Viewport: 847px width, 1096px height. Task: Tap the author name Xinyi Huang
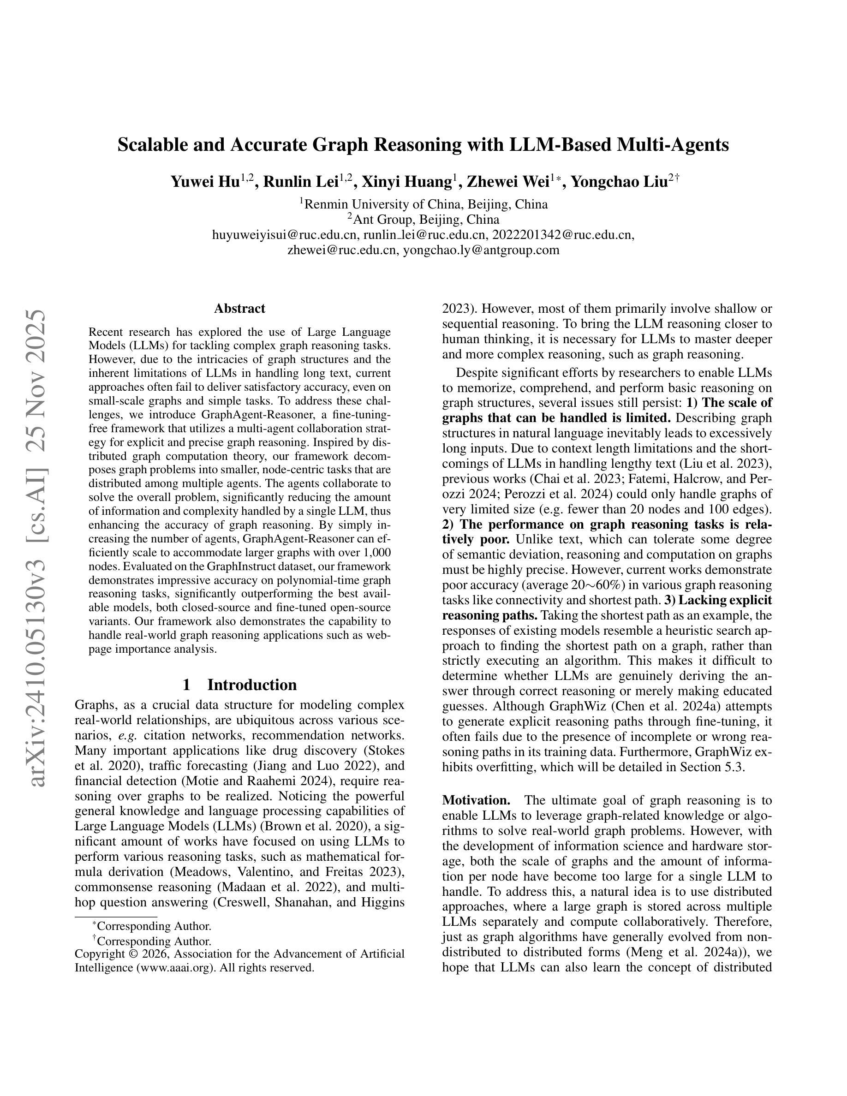pos(407,181)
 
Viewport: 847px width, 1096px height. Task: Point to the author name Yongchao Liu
pos(620,181)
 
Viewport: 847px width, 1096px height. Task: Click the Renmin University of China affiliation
pos(426,204)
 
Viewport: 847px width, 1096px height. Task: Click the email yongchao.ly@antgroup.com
pos(481,250)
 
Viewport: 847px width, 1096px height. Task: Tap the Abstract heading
pos(239,308)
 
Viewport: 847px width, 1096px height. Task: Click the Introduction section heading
pos(252,685)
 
